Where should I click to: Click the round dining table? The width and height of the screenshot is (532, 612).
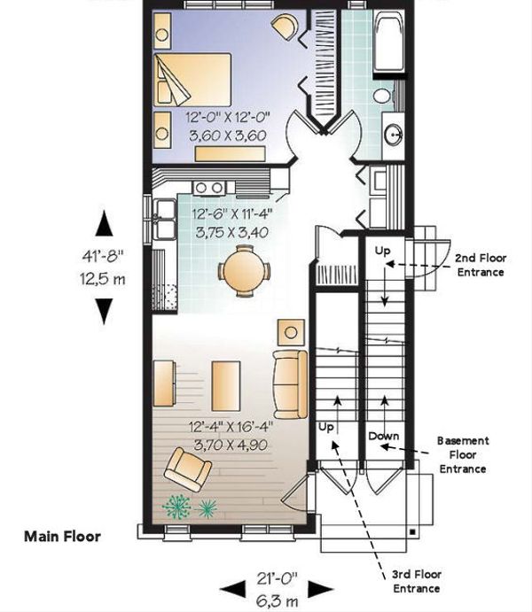pos(245,270)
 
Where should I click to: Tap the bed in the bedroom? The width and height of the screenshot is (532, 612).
pos(192,80)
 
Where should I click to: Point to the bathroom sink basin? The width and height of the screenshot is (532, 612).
pos(393,135)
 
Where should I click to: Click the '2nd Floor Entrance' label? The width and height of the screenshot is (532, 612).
pos(481,265)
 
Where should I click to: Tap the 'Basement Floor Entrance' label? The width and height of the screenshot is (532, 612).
pos(463,454)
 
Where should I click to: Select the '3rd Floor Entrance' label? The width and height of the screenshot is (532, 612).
pos(417,581)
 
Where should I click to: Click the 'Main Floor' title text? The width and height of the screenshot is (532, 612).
pos(62,537)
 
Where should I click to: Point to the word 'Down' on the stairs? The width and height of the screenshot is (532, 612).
pos(384,436)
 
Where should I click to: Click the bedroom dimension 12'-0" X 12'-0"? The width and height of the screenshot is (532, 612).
pos(228,117)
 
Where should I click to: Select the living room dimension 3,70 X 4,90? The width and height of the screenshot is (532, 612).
pos(231,445)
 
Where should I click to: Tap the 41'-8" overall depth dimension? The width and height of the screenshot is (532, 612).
pos(103,257)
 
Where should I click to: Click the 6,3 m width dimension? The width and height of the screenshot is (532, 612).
pos(277,600)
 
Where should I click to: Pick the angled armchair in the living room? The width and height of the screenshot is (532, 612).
pos(188,469)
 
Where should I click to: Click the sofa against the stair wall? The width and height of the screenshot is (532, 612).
pos(290,384)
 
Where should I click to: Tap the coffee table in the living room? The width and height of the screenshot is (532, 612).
pos(226,385)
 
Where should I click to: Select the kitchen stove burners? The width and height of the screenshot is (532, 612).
pos(209,188)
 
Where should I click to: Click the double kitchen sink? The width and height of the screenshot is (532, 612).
pos(165,219)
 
